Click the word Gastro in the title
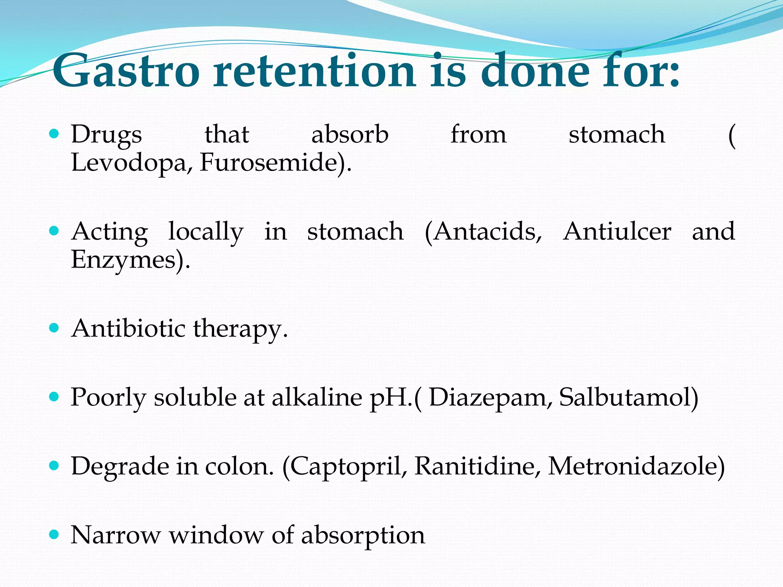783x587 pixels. click(126, 71)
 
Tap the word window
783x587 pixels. click(216, 535)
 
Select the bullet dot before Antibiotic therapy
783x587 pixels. click(54, 328)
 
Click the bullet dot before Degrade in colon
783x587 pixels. click(54, 465)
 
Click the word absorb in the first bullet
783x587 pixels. click(350, 135)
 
